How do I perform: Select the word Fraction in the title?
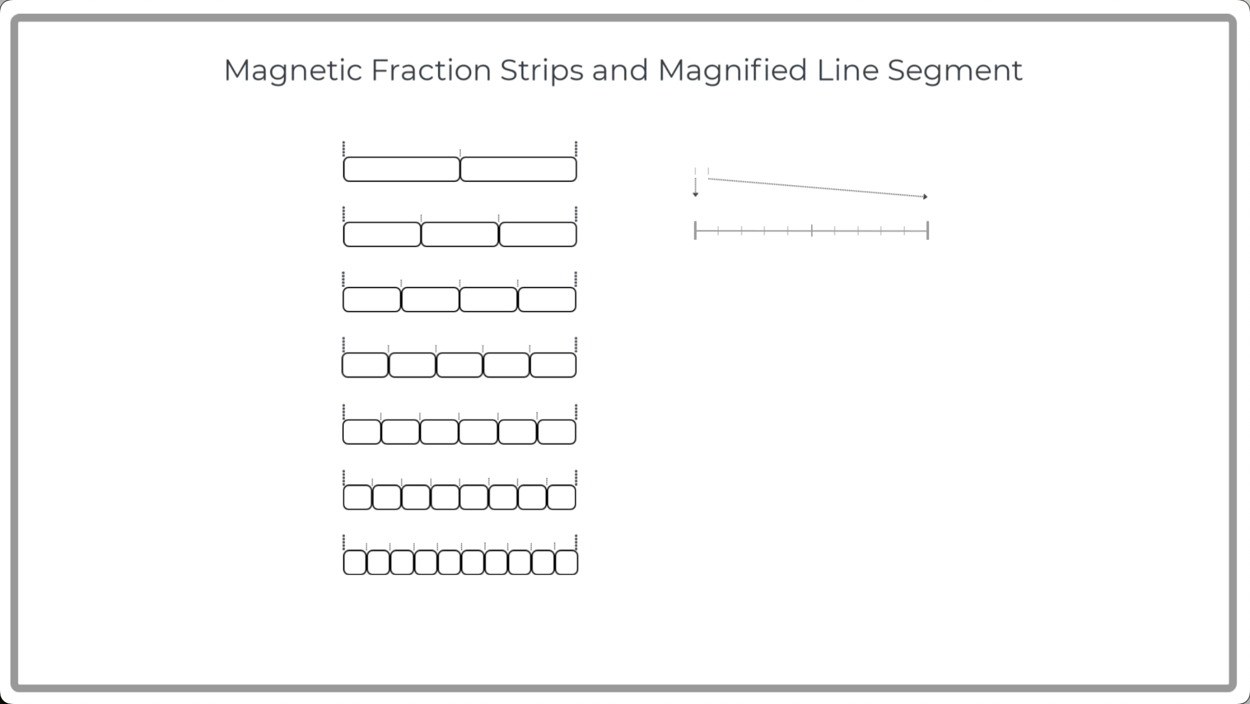point(431,71)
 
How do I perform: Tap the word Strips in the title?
point(542,71)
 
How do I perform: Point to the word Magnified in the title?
point(732,71)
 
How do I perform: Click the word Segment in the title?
point(955,71)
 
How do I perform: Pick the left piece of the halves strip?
point(402,169)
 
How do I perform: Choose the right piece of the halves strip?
point(518,169)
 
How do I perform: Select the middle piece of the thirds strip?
point(460,234)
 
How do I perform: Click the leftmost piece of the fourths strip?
point(372,299)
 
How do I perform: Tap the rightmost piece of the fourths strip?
point(547,299)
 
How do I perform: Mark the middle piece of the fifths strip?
point(459,365)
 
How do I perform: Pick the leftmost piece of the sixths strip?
point(362,431)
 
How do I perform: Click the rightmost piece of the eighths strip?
point(562,497)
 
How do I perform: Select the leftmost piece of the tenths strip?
point(355,562)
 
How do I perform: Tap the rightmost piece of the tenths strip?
point(566,562)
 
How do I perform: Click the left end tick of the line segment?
point(695,230)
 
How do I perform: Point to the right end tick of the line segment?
point(928,230)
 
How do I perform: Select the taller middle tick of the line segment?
point(812,230)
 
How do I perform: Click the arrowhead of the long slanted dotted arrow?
point(925,197)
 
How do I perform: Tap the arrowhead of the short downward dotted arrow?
point(695,195)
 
